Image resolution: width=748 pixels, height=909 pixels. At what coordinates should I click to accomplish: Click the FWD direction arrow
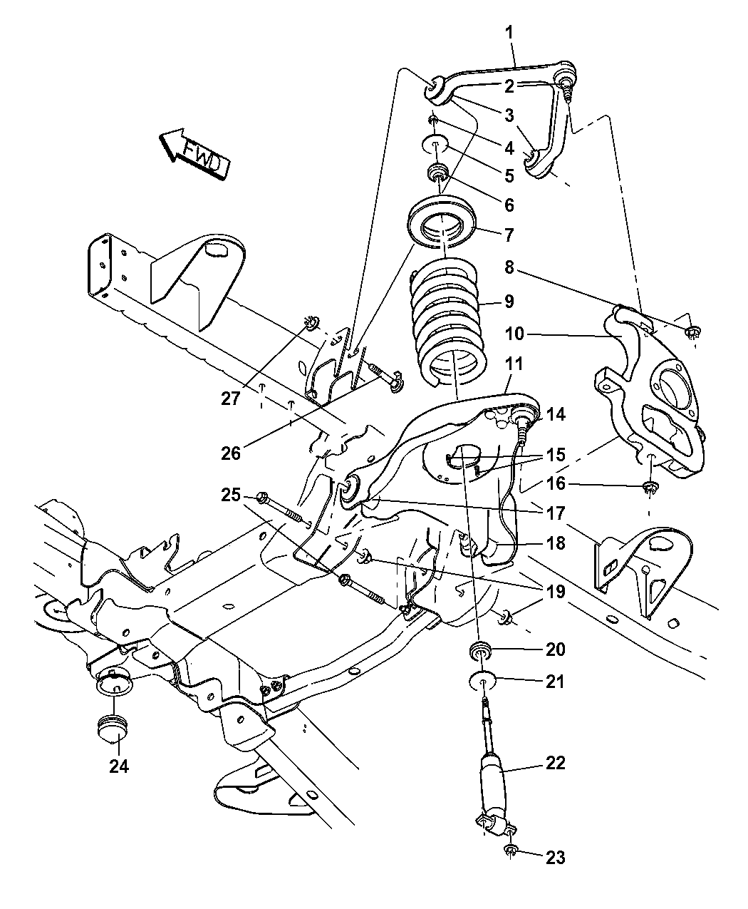(x=193, y=153)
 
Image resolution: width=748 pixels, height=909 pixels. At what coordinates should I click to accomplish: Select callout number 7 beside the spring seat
(x=509, y=234)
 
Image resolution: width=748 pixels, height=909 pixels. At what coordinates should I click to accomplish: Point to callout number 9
(x=509, y=301)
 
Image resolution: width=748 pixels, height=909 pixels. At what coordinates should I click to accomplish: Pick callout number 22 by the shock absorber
(x=555, y=764)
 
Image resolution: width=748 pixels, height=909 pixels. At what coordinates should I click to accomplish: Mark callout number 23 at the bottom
(x=555, y=857)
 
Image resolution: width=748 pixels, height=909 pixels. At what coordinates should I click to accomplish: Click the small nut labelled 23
(x=511, y=850)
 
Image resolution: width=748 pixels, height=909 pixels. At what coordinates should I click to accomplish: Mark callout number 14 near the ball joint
(x=556, y=414)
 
